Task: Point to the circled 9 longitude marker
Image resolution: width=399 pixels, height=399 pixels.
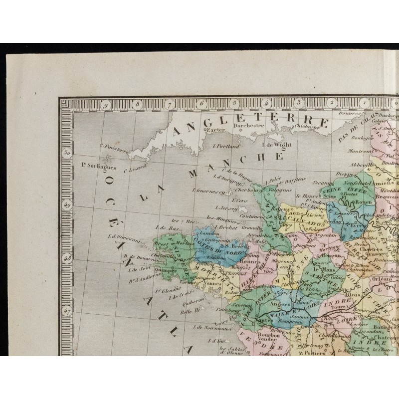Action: pyautogui.click(x=106, y=105)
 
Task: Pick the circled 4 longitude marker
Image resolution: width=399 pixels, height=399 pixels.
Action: pyautogui.click(x=267, y=103)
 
